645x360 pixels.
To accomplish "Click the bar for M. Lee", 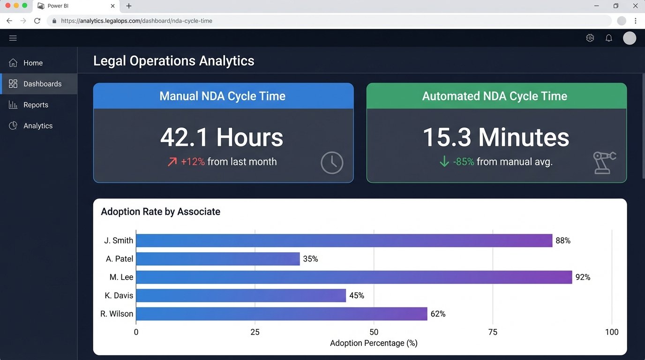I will tap(354, 277).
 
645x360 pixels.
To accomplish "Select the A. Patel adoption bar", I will tap(218, 259).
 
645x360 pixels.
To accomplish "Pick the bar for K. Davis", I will tap(241, 295).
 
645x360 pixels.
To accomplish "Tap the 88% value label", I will tap(563, 240).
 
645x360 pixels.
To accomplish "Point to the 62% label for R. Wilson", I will tap(438, 314).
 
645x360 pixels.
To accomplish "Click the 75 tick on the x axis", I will tap(493, 332).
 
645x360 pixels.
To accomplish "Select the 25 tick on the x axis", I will tap(255, 332).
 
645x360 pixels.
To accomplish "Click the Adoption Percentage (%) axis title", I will tap(374, 343).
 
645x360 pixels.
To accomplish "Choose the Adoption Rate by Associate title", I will tap(160, 212).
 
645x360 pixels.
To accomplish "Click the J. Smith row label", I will tap(119, 240).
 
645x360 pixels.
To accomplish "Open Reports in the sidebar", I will tap(36, 105).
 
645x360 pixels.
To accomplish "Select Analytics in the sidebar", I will tap(38, 126).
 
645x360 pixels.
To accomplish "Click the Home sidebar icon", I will tap(13, 63).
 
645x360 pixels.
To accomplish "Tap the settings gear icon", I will tap(590, 38).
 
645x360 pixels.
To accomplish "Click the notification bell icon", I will tap(609, 38).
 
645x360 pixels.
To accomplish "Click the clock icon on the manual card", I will tap(332, 163).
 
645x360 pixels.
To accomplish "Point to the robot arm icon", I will tap(604, 162).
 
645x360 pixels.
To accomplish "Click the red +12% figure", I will tap(193, 162).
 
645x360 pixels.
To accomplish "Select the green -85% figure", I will tap(464, 162).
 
